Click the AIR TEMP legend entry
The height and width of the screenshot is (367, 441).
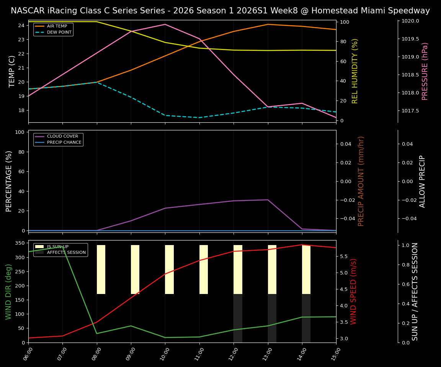coord(57,26)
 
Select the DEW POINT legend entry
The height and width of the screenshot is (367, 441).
coord(59,32)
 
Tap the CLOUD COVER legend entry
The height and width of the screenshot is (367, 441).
coord(62,136)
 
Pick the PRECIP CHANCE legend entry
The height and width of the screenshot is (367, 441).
coord(64,143)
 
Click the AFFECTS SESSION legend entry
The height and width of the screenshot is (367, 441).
coord(66,252)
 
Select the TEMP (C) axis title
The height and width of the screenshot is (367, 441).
coord(12,71)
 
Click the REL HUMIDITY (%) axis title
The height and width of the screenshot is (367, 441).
coord(355,71)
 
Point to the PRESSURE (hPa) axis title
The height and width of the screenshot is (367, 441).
coord(425,71)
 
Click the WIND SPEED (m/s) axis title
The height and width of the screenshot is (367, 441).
coord(353,291)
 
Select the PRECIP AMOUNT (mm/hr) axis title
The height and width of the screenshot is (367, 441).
coord(361,181)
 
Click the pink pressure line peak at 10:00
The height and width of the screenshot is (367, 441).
coord(165,24)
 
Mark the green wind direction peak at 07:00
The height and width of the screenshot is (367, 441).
coord(62,247)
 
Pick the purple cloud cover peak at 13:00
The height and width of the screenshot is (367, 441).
coord(268,200)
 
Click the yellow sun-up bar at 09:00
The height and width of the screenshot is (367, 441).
coord(135,270)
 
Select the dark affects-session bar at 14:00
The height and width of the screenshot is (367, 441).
coord(306,318)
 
